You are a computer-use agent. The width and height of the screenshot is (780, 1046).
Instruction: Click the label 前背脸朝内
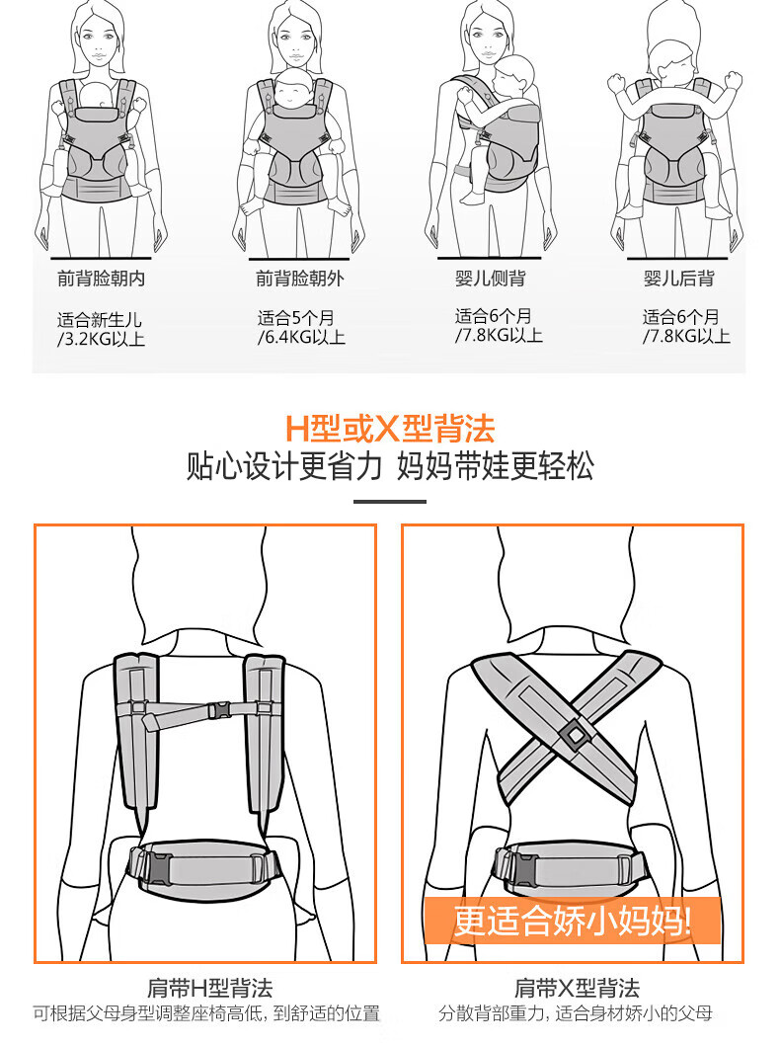point(102,279)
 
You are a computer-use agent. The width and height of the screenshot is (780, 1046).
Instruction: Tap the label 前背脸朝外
point(300,279)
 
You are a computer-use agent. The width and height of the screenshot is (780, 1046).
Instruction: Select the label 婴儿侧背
point(490,279)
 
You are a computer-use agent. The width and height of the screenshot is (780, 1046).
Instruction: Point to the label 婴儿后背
point(678,279)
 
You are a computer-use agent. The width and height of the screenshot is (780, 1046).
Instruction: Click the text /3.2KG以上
point(101,339)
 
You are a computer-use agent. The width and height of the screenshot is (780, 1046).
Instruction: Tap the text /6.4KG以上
point(301,337)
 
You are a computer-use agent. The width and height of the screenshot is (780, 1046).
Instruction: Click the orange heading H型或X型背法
point(390,429)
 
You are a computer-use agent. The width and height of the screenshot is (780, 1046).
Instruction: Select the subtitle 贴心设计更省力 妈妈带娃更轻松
point(390,466)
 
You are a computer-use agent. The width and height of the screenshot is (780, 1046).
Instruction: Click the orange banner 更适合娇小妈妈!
point(572,921)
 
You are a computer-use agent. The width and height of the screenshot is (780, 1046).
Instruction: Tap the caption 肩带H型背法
point(210,988)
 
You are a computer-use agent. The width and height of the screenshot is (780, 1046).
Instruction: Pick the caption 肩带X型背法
point(577,988)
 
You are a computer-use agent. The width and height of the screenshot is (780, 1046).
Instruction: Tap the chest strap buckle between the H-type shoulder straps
point(219,710)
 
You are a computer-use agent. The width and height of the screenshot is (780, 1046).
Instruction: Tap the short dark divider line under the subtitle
point(390,502)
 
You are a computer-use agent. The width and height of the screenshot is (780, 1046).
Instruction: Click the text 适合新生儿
point(100,320)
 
